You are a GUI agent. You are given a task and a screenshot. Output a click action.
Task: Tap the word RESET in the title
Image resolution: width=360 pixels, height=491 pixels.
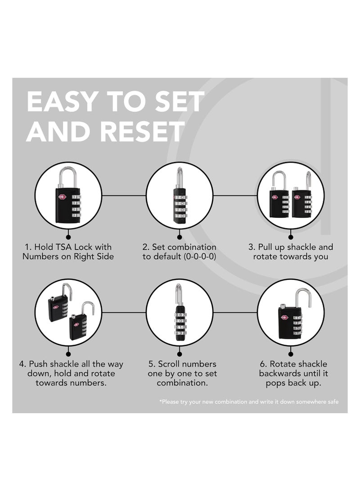[142, 131]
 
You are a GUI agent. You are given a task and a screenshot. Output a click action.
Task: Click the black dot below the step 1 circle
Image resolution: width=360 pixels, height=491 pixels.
[68, 237]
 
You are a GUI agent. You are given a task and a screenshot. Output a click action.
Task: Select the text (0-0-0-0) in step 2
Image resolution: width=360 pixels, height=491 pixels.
[200, 257]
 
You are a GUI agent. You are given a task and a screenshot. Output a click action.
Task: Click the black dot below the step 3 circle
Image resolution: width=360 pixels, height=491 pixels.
[291, 237]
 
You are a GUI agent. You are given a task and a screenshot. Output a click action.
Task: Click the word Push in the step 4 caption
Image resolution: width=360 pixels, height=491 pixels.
[38, 364]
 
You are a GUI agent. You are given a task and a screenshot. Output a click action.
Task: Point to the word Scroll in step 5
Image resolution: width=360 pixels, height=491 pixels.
[171, 364]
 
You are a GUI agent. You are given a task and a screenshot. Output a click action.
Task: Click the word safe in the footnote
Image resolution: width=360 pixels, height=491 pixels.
[333, 402]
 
